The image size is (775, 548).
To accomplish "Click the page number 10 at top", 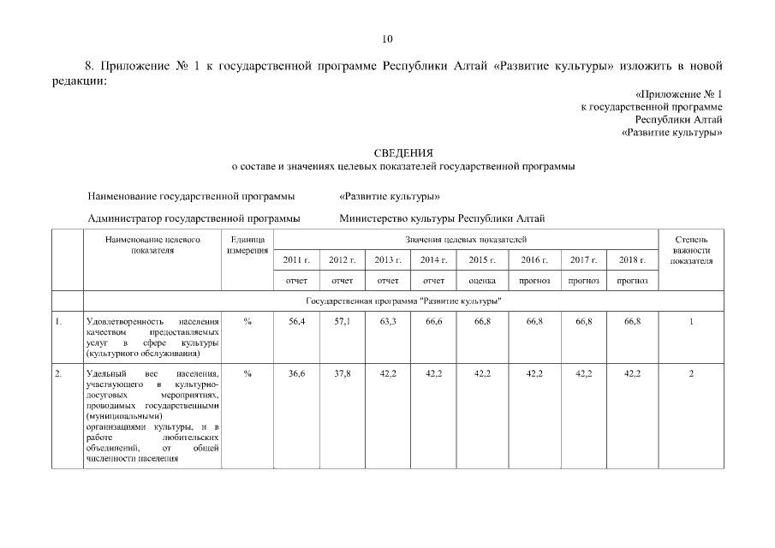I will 387,39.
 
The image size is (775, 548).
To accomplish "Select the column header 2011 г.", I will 295,259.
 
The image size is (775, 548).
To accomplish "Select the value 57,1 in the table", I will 342,322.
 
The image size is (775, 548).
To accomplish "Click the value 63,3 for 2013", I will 388,322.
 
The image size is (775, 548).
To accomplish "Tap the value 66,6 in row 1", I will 433,322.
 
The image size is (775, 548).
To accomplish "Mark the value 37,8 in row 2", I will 342,374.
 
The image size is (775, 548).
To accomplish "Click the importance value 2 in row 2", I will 691,374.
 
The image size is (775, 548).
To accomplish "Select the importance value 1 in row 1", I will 691,322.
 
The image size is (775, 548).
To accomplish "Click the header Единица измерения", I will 247,245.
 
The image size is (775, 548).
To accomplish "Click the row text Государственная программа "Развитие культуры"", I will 402,302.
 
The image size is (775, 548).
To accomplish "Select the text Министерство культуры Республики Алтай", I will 442,218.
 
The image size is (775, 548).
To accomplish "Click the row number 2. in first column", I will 59,374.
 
